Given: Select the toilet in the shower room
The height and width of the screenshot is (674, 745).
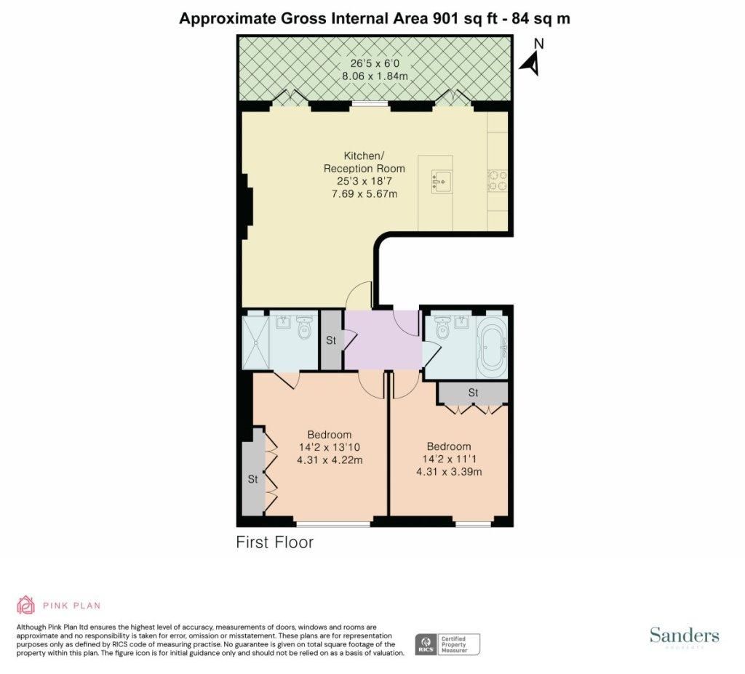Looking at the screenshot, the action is click(303, 327).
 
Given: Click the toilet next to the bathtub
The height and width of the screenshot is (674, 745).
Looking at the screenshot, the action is click(442, 326).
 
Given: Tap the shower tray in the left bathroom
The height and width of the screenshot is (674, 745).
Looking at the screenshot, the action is click(255, 342).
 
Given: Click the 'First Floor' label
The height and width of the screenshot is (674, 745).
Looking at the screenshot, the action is click(274, 542).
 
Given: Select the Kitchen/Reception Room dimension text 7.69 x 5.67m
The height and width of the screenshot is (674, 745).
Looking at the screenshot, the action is click(364, 194).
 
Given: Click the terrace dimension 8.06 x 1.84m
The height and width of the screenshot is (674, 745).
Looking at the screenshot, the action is click(375, 76).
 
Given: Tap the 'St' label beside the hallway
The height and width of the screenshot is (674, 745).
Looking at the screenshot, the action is click(331, 340).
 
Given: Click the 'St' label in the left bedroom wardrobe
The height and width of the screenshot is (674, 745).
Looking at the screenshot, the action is click(252, 479).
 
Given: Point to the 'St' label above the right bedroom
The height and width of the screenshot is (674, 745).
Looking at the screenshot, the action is click(473, 393).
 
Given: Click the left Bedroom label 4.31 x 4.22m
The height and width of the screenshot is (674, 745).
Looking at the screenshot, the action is click(330, 460).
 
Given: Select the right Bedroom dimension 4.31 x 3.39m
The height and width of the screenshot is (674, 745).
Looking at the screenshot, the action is click(449, 472).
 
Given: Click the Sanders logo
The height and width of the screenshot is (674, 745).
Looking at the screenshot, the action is click(684, 636).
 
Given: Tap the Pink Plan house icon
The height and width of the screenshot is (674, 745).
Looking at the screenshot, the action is click(26, 605).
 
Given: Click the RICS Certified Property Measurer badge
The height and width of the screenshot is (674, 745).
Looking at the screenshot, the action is click(447, 644).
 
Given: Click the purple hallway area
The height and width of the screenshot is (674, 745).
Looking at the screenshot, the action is click(383, 340).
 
